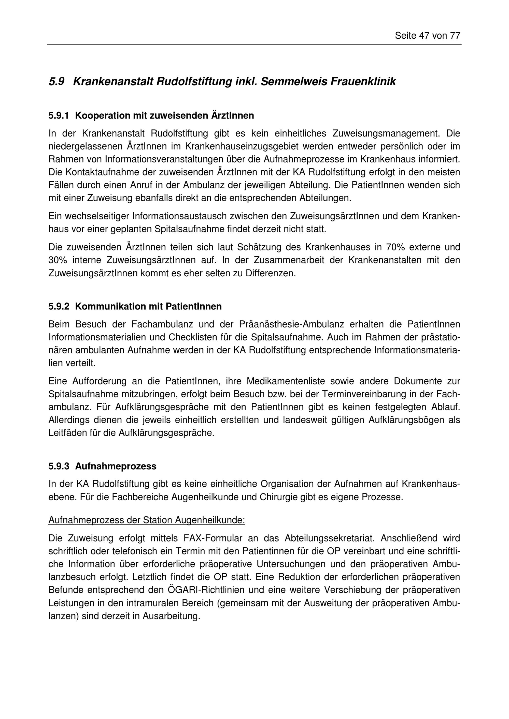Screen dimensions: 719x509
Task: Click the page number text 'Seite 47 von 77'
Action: (427, 36)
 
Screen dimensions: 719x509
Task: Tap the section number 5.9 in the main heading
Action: (56, 82)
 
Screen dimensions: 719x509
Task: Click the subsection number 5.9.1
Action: (59, 116)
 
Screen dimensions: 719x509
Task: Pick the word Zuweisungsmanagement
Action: (386, 134)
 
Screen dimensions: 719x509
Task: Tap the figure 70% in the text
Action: (395, 247)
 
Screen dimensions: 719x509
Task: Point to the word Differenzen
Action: (270, 273)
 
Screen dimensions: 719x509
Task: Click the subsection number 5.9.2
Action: (59, 307)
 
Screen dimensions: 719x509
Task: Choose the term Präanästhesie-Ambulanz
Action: (291, 324)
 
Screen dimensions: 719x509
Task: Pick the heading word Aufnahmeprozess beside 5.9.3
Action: (116, 466)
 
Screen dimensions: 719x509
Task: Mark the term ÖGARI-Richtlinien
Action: (206, 590)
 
